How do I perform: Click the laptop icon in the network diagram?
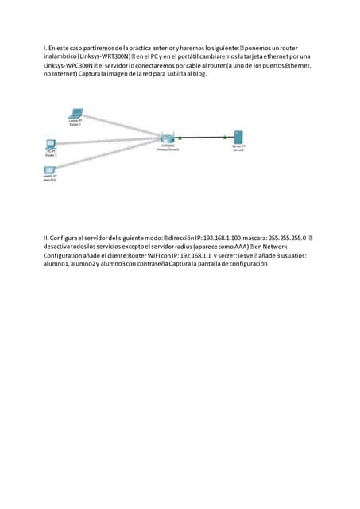click(x=75, y=113)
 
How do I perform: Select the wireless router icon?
click(x=168, y=139)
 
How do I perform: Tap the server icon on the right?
click(x=238, y=138)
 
